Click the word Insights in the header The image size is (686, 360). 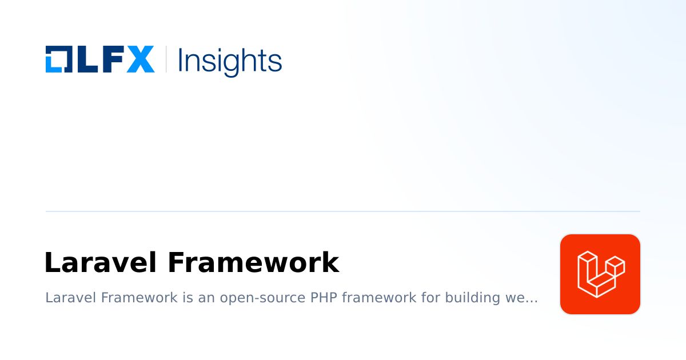click(x=230, y=60)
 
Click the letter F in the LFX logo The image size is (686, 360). click(x=112, y=59)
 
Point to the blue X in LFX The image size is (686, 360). click(x=140, y=59)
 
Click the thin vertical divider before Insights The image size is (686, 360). click(x=166, y=59)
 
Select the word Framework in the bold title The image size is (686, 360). click(x=253, y=263)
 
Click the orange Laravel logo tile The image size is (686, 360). click(x=600, y=274)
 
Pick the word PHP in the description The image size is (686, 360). click(x=322, y=298)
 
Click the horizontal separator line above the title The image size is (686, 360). click(x=343, y=211)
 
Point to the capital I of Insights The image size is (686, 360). click(x=181, y=59)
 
